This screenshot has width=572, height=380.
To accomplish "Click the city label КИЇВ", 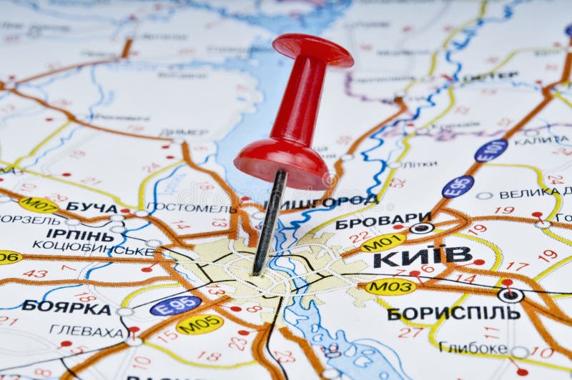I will tap(422, 256).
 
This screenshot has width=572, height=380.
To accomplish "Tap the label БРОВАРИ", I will tap(383, 221).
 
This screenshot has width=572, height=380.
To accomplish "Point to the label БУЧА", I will tap(92, 207).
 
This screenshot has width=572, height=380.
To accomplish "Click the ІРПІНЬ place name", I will tap(79, 234).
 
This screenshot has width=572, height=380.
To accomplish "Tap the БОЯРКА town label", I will tap(66, 307).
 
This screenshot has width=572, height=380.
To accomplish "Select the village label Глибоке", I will tap(473, 348).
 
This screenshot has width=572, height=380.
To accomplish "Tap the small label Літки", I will tap(419, 164).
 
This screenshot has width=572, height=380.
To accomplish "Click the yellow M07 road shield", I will tap(39, 204).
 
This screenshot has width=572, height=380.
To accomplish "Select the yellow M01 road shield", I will tap(383, 243).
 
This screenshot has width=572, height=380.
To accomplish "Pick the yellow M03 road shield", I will tap(390, 286).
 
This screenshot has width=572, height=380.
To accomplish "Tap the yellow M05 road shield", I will tap(199, 324).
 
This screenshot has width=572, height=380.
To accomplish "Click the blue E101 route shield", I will tap(490, 150).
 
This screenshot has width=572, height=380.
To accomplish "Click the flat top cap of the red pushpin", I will tap(312, 49).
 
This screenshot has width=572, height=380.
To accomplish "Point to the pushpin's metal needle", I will tap(269, 222).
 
